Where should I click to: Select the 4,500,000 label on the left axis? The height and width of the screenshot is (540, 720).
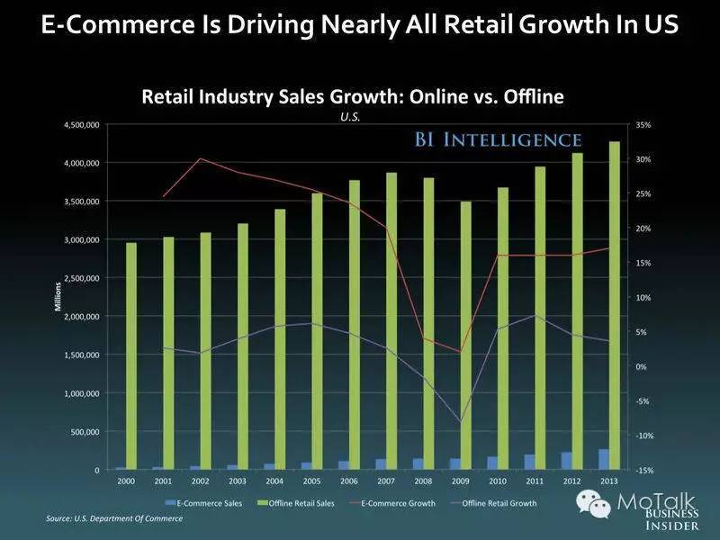coord(81,124)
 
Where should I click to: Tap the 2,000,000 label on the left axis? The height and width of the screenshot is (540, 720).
coord(81,317)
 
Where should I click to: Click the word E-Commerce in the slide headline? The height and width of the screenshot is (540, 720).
coord(108,25)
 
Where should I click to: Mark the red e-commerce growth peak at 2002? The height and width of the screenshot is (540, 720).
coord(200,158)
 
